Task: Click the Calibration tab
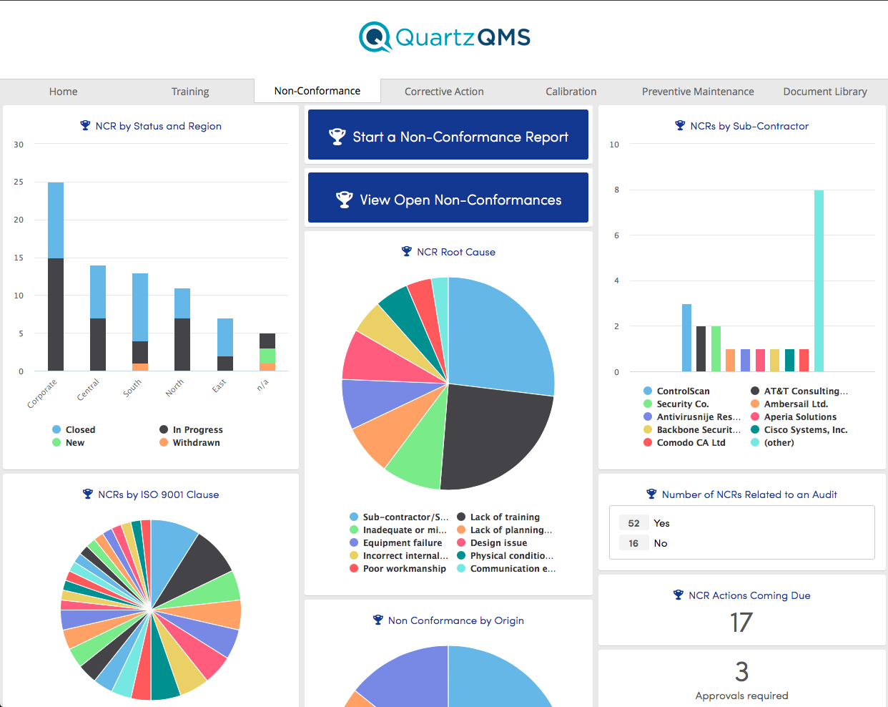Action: [x=571, y=92]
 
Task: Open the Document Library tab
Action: [x=824, y=92]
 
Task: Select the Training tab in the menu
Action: [x=190, y=92]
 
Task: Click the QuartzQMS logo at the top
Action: [x=445, y=37]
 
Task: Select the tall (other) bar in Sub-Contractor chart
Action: [x=819, y=281]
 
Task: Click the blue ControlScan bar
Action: [x=686, y=338]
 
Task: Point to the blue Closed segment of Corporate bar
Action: [x=56, y=220]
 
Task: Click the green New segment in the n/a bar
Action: [x=267, y=356]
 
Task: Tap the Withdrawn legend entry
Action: [x=196, y=443]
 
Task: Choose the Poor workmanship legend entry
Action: [x=404, y=569]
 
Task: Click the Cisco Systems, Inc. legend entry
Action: [x=805, y=430]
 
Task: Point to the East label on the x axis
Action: [x=219, y=385]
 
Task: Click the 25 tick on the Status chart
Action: [x=19, y=182]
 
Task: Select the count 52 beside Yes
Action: [x=633, y=523]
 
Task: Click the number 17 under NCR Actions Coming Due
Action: [x=741, y=623]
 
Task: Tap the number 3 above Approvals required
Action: [x=741, y=672]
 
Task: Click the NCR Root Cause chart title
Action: [x=455, y=252]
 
